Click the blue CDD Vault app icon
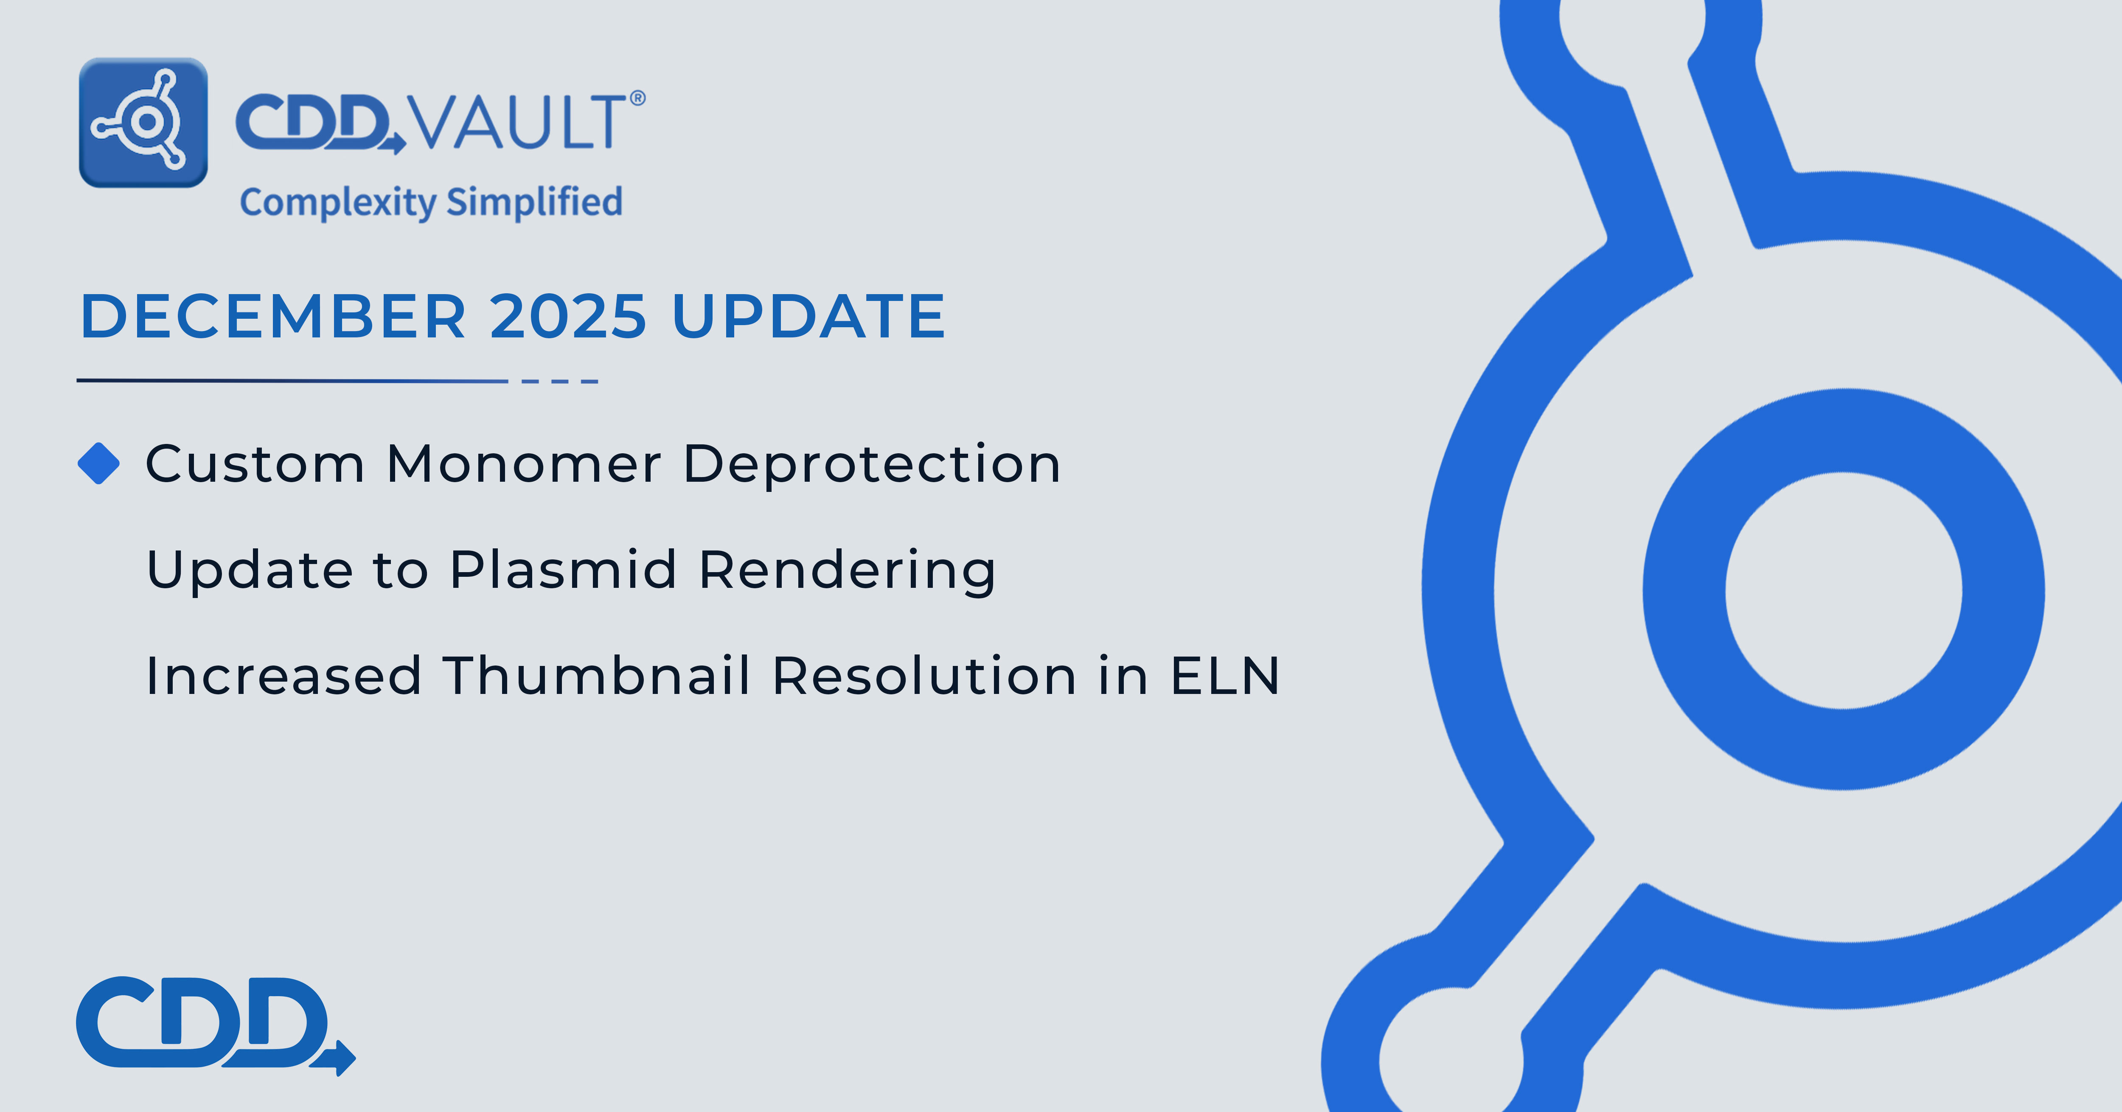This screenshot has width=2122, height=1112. coord(143,123)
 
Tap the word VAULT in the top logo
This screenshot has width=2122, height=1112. coord(519,122)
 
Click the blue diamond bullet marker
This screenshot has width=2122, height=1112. coord(99,464)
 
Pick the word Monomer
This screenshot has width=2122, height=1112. coord(524,464)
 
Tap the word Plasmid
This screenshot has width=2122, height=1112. coord(564,570)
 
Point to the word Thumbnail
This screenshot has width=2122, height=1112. coord(596,675)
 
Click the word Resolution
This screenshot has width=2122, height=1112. coord(924,675)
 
